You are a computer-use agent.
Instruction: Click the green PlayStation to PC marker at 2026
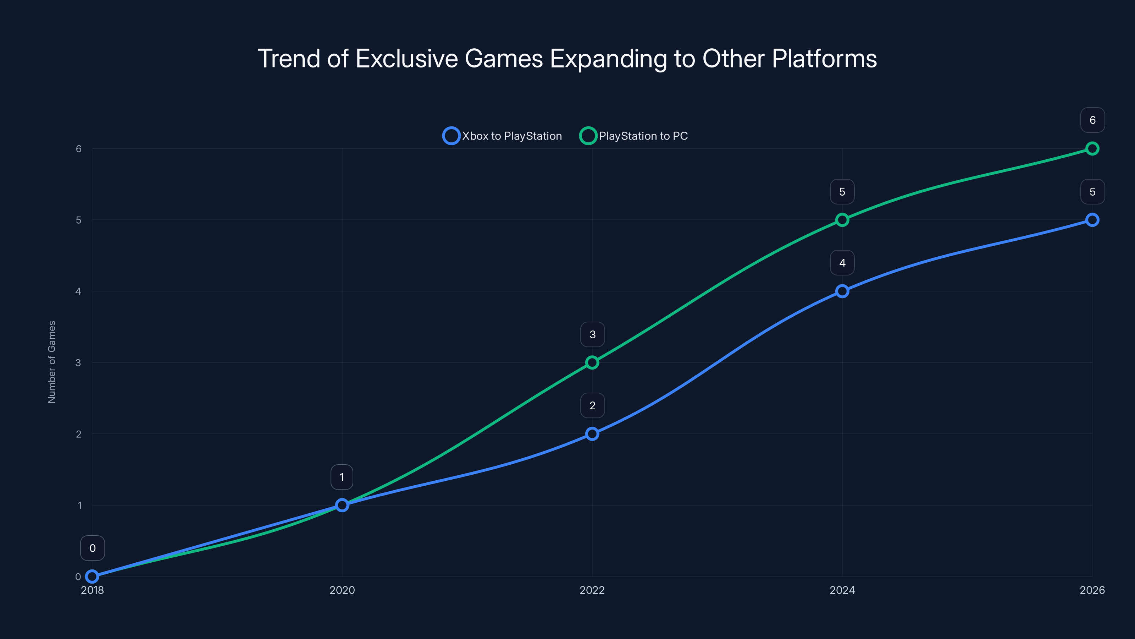1092,149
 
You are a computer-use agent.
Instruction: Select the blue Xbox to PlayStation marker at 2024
842,291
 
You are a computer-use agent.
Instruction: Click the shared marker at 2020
342,505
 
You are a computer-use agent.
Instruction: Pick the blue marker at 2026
1092,220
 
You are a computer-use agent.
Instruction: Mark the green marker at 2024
842,220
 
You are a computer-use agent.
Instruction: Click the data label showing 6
1092,120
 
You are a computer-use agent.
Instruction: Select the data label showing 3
592,335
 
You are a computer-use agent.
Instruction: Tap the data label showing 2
592,406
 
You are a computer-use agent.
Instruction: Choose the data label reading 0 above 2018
92,548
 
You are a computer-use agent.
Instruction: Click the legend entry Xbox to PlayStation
502,136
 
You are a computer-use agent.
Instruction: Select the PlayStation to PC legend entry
633,136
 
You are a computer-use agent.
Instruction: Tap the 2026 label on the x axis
1092,590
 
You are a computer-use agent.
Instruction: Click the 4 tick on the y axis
78,291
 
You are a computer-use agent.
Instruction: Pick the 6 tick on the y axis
78,149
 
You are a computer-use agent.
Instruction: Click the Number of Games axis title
51,362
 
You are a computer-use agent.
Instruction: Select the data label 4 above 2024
842,263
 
